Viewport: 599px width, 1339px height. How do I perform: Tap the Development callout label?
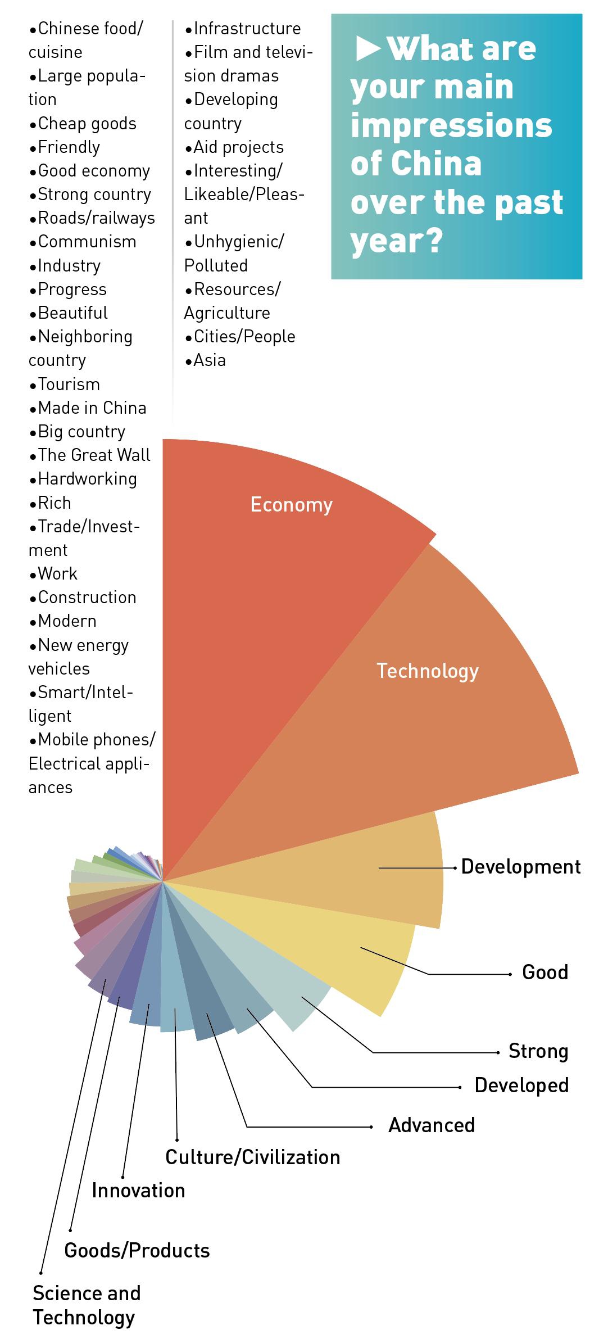click(x=520, y=867)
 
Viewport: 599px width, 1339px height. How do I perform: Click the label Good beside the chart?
click(x=544, y=972)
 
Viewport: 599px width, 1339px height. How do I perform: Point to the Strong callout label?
click(x=538, y=1051)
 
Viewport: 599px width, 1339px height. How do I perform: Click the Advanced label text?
click(x=432, y=1125)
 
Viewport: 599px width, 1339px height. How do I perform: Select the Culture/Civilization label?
click(x=252, y=1157)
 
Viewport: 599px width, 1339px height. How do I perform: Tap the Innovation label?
click(x=138, y=1190)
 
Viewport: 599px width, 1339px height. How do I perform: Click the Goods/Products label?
click(x=137, y=1251)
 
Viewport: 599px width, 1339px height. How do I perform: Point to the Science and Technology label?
click(x=86, y=1305)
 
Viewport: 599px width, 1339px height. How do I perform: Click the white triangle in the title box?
click(x=368, y=49)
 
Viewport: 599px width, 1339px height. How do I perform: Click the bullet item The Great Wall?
click(x=93, y=455)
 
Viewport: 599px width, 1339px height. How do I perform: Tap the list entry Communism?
click(x=87, y=242)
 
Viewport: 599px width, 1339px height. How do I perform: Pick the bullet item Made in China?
click(x=92, y=408)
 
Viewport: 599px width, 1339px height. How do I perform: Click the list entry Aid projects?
click(x=238, y=147)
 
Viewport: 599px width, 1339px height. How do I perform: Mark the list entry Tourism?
click(x=69, y=384)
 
